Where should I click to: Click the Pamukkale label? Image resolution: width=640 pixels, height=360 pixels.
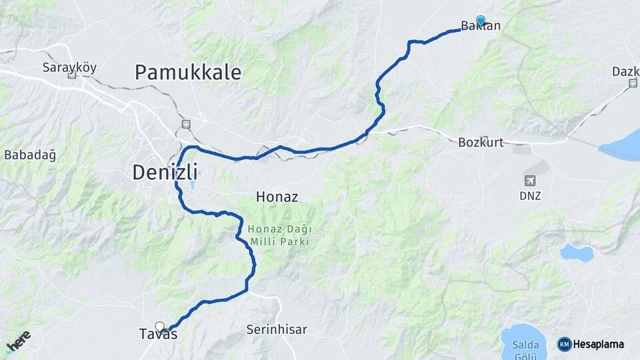188,72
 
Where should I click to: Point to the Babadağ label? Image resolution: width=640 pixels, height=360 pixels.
30,155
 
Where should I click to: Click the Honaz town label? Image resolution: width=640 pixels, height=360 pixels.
277,197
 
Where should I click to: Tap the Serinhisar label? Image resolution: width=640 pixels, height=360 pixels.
277,329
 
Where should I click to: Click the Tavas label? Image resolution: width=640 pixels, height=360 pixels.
159,335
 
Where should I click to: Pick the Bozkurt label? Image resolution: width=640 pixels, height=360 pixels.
481,142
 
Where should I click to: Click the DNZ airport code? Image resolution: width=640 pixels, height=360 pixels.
531,196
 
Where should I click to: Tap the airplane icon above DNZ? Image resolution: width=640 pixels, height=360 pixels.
531,181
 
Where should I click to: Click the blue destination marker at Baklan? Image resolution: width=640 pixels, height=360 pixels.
481,20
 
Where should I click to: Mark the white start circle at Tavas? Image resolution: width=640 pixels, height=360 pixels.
159,326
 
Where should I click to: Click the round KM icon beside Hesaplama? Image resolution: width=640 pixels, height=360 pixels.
564,344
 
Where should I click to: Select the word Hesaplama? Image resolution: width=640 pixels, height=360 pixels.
598,344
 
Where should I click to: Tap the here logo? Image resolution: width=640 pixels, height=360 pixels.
18,341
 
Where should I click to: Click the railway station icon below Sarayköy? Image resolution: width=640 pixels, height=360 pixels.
71,75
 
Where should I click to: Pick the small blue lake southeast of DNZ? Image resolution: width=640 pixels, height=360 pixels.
577,253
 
